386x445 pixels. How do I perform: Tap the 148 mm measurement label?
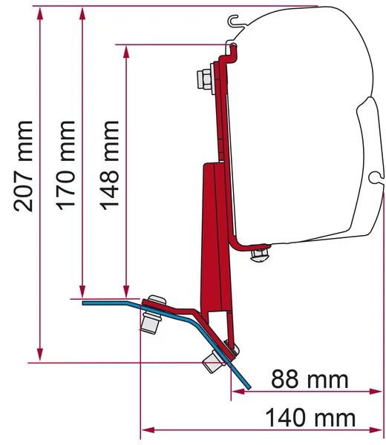point(109,165)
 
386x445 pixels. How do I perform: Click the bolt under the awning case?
point(260,254)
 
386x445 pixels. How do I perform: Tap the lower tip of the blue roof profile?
point(248,386)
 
